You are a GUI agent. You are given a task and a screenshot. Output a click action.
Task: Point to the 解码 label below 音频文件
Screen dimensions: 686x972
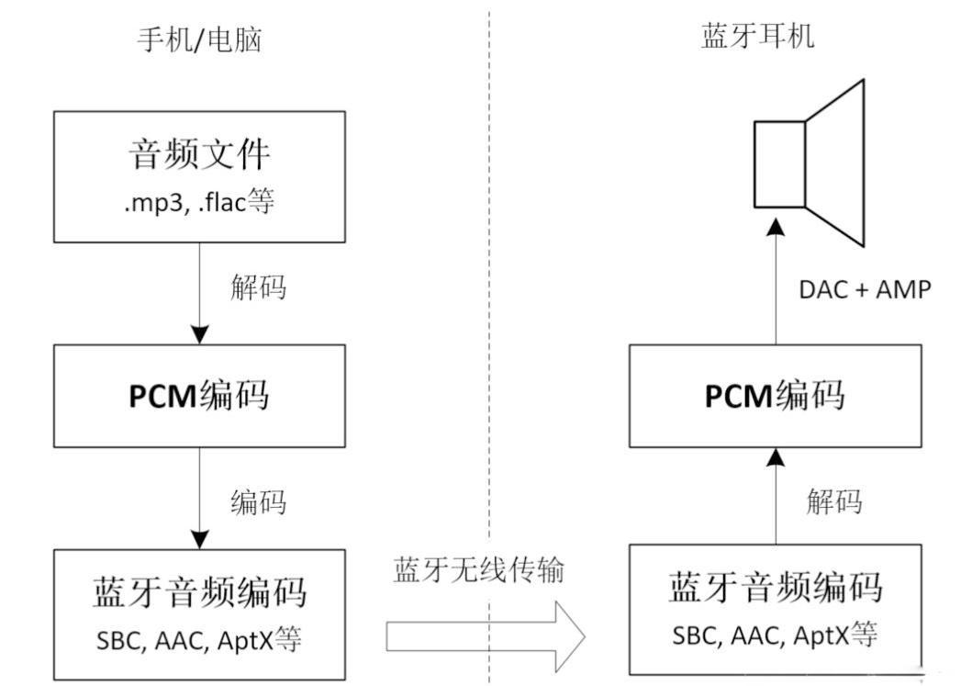(x=258, y=287)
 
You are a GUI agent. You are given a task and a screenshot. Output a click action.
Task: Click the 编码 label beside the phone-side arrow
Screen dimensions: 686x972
(x=258, y=502)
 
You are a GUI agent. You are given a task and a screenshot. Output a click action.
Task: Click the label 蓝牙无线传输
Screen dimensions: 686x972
(x=478, y=570)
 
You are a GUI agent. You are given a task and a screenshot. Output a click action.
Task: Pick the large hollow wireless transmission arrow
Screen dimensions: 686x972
(x=486, y=635)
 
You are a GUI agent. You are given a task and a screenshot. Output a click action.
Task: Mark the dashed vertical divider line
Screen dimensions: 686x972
(x=489, y=276)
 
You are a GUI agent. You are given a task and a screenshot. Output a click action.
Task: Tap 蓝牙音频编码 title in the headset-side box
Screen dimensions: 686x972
(x=776, y=587)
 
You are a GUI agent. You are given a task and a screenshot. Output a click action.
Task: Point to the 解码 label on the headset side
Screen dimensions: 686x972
(x=834, y=501)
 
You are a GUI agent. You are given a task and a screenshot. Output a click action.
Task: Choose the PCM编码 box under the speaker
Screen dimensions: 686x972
(x=776, y=396)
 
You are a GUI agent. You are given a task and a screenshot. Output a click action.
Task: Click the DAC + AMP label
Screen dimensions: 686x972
(x=866, y=289)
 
